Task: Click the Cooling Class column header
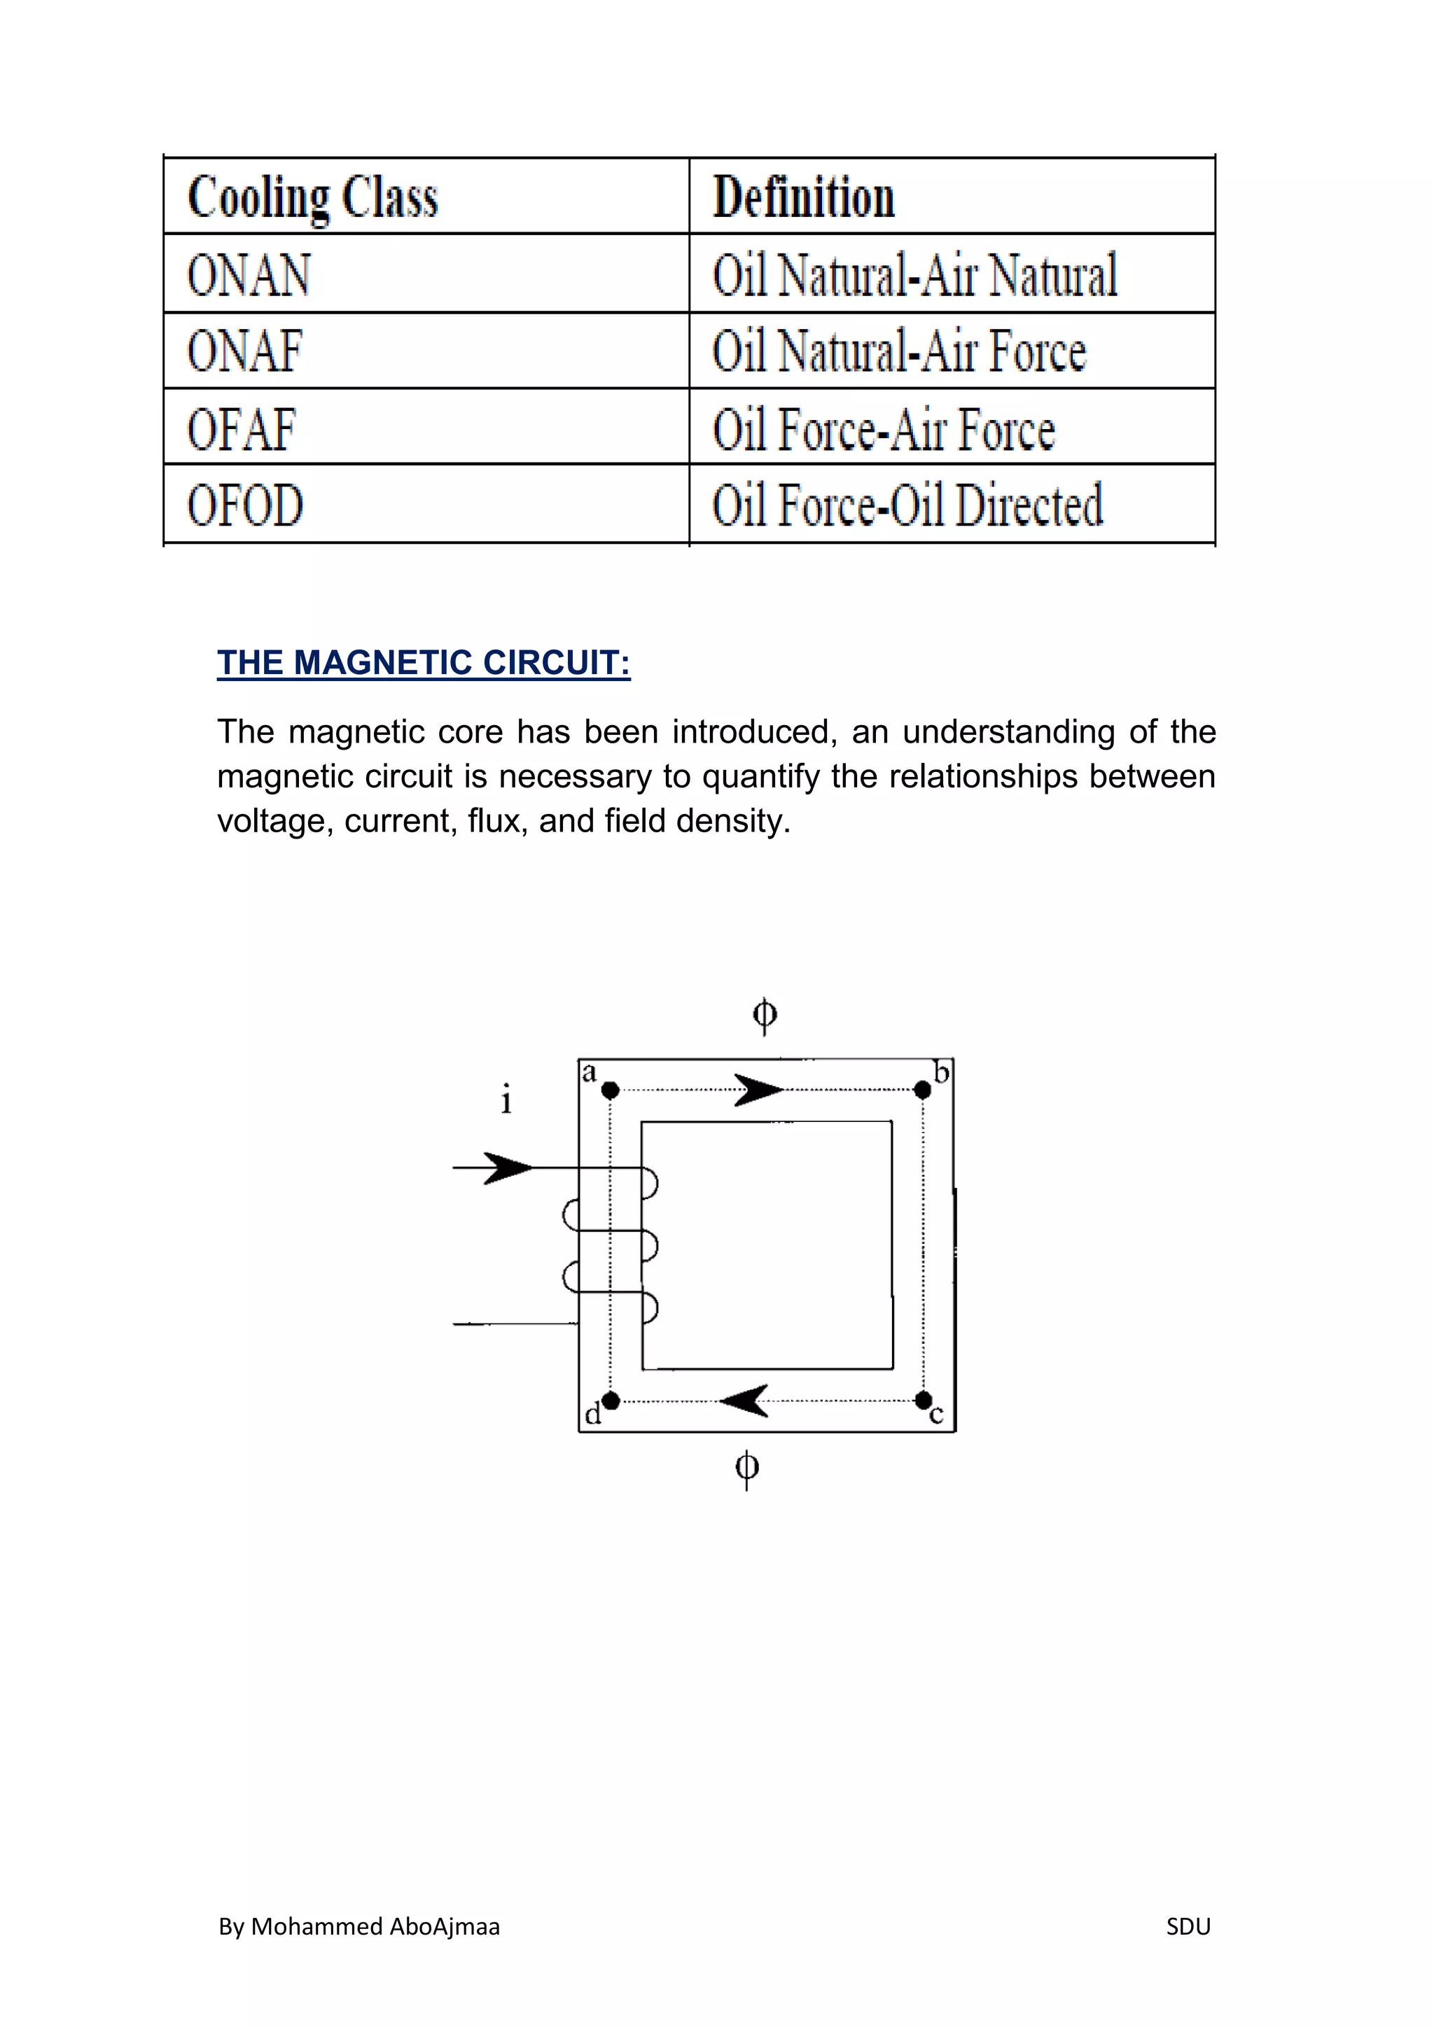(x=312, y=197)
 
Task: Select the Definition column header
(x=804, y=196)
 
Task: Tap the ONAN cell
(x=249, y=274)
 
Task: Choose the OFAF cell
(x=241, y=429)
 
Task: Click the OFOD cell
(x=246, y=505)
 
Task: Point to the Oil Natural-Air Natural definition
(x=914, y=274)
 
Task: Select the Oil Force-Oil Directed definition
(x=907, y=505)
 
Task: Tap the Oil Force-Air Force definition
(x=884, y=429)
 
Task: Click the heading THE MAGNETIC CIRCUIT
(x=424, y=663)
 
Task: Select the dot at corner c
(x=923, y=1400)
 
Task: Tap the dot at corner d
(x=610, y=1400)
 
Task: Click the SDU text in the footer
(x=1188, y=1926)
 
